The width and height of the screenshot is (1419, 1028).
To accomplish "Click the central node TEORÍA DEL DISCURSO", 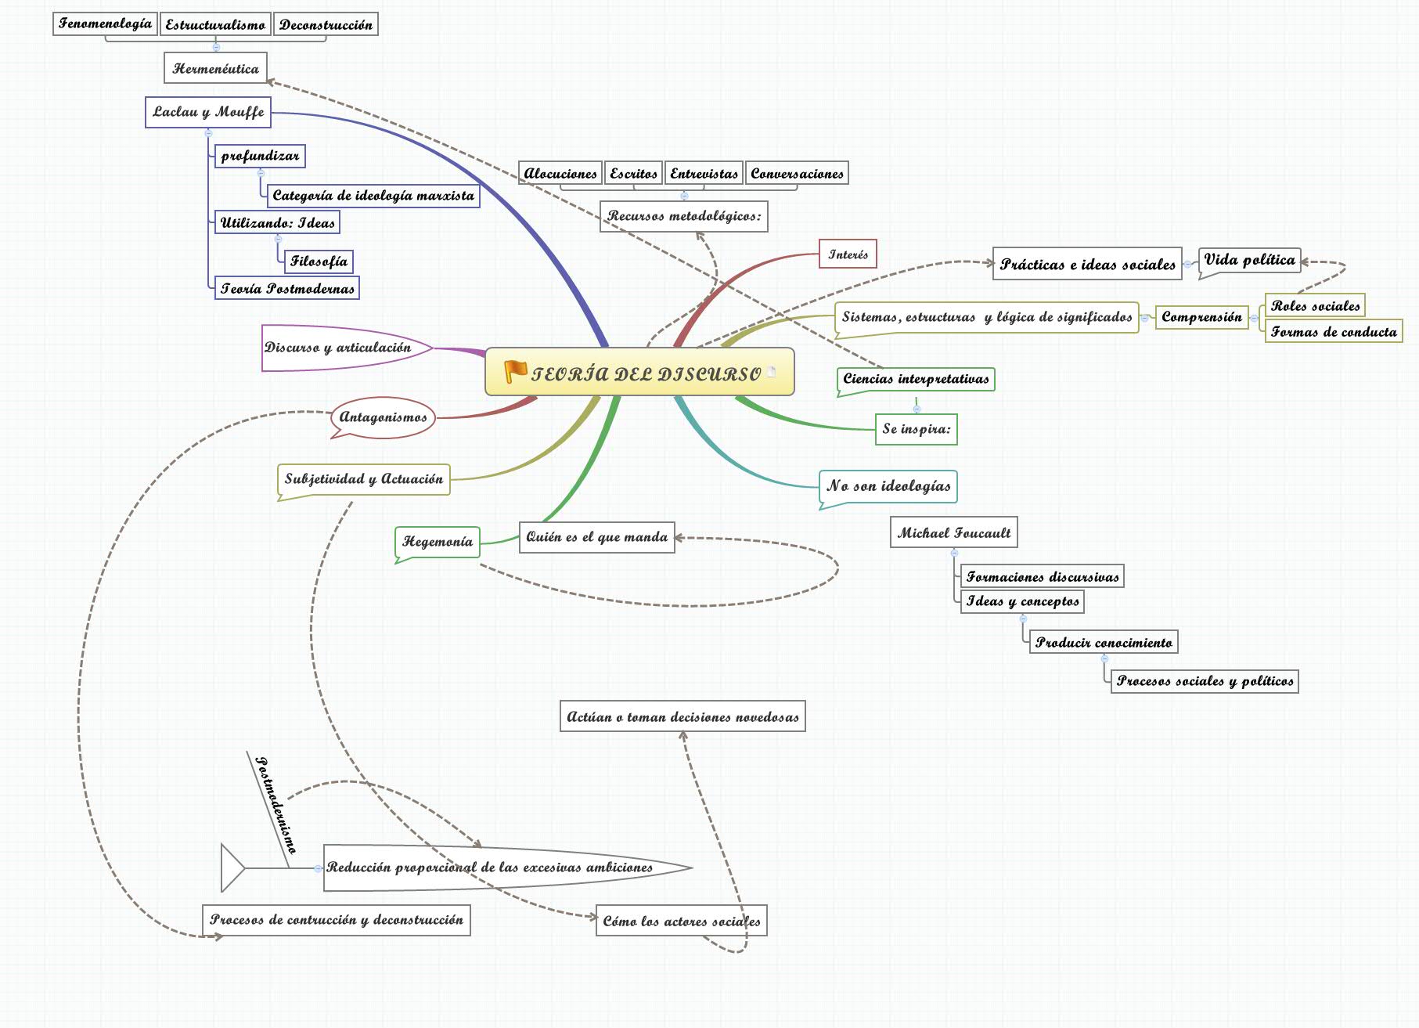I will click(x=646, y=373).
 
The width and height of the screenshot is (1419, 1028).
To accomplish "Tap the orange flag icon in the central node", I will click(x=515, y=371).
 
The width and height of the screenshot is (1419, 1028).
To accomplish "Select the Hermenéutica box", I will click(x=215, y=68).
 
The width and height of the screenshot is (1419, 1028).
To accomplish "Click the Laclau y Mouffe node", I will click(x=208, y=112).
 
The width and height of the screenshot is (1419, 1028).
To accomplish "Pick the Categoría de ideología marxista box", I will click(x=373, y=195).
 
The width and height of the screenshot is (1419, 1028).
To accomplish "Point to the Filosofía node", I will click(x=319, y=261).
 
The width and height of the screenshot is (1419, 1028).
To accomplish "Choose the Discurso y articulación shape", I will click(x=338, y=347).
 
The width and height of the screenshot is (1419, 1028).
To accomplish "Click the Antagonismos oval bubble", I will click(x=383, y=417).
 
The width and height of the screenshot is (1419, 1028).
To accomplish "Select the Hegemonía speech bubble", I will click(x=438, y=541).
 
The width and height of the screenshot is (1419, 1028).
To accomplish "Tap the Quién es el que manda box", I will click(x=596, y=537).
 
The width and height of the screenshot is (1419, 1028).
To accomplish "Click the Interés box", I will click(x=848, y=254).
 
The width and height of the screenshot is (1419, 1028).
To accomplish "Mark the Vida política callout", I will click(x=1249, y=260).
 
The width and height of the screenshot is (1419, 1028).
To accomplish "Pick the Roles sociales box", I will click(x=1315, y=305).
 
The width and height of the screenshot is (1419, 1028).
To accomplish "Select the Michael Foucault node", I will click(x=953, y=532).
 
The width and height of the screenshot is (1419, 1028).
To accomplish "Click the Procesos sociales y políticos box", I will click(x=1205, y=680).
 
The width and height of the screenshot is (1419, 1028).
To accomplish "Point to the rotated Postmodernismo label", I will click(x=276, y=804).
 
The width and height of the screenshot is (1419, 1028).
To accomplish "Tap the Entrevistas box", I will click(x=704, y=173).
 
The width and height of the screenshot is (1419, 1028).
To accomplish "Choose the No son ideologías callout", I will click(x=888, y=485).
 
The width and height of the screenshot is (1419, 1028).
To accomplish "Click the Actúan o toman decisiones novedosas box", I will click(x=682, y=716).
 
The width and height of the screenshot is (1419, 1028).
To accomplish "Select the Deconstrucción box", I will click(x=326, y=24).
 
